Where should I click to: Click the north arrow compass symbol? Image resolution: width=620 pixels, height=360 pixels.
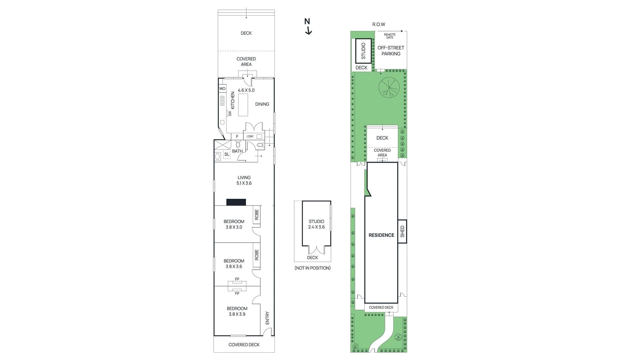click(308, 26)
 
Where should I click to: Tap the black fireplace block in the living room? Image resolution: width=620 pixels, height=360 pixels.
click(236, 202)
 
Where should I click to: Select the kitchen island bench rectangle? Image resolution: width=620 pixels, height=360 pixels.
click(243, 105)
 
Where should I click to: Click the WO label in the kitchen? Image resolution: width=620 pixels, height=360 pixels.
click(222, 89)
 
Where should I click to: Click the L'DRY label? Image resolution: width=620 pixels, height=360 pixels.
click(250, 136)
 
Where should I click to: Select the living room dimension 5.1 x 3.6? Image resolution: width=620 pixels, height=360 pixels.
click(244, 183)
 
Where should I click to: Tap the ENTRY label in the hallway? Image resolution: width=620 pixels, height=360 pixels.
click(267, 318)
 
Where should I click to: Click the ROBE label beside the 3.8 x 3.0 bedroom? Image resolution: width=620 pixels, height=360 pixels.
click(257, 215)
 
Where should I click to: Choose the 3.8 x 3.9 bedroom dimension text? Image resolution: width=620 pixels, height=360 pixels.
click(237, 314)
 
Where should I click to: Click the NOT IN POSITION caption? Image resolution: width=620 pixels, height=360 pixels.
click(312, 268)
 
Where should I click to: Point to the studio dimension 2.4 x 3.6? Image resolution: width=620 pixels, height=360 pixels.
click(316, 227)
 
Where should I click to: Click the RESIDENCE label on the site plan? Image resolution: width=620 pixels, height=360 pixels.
click(381, 235)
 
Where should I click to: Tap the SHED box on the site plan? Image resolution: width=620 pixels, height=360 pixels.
click(402, 231)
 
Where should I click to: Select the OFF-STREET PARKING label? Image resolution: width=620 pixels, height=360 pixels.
click(391, 51)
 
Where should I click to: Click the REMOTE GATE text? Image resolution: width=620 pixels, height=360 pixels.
click(389, 36)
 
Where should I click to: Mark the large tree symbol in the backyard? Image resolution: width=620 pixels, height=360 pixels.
click(389, 88)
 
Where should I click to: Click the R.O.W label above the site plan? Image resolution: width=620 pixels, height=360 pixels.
click(379, 24)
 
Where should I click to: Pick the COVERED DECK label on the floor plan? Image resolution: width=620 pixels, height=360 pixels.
click(244, 344)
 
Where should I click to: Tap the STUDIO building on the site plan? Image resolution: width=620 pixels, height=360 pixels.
click(363, 51)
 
